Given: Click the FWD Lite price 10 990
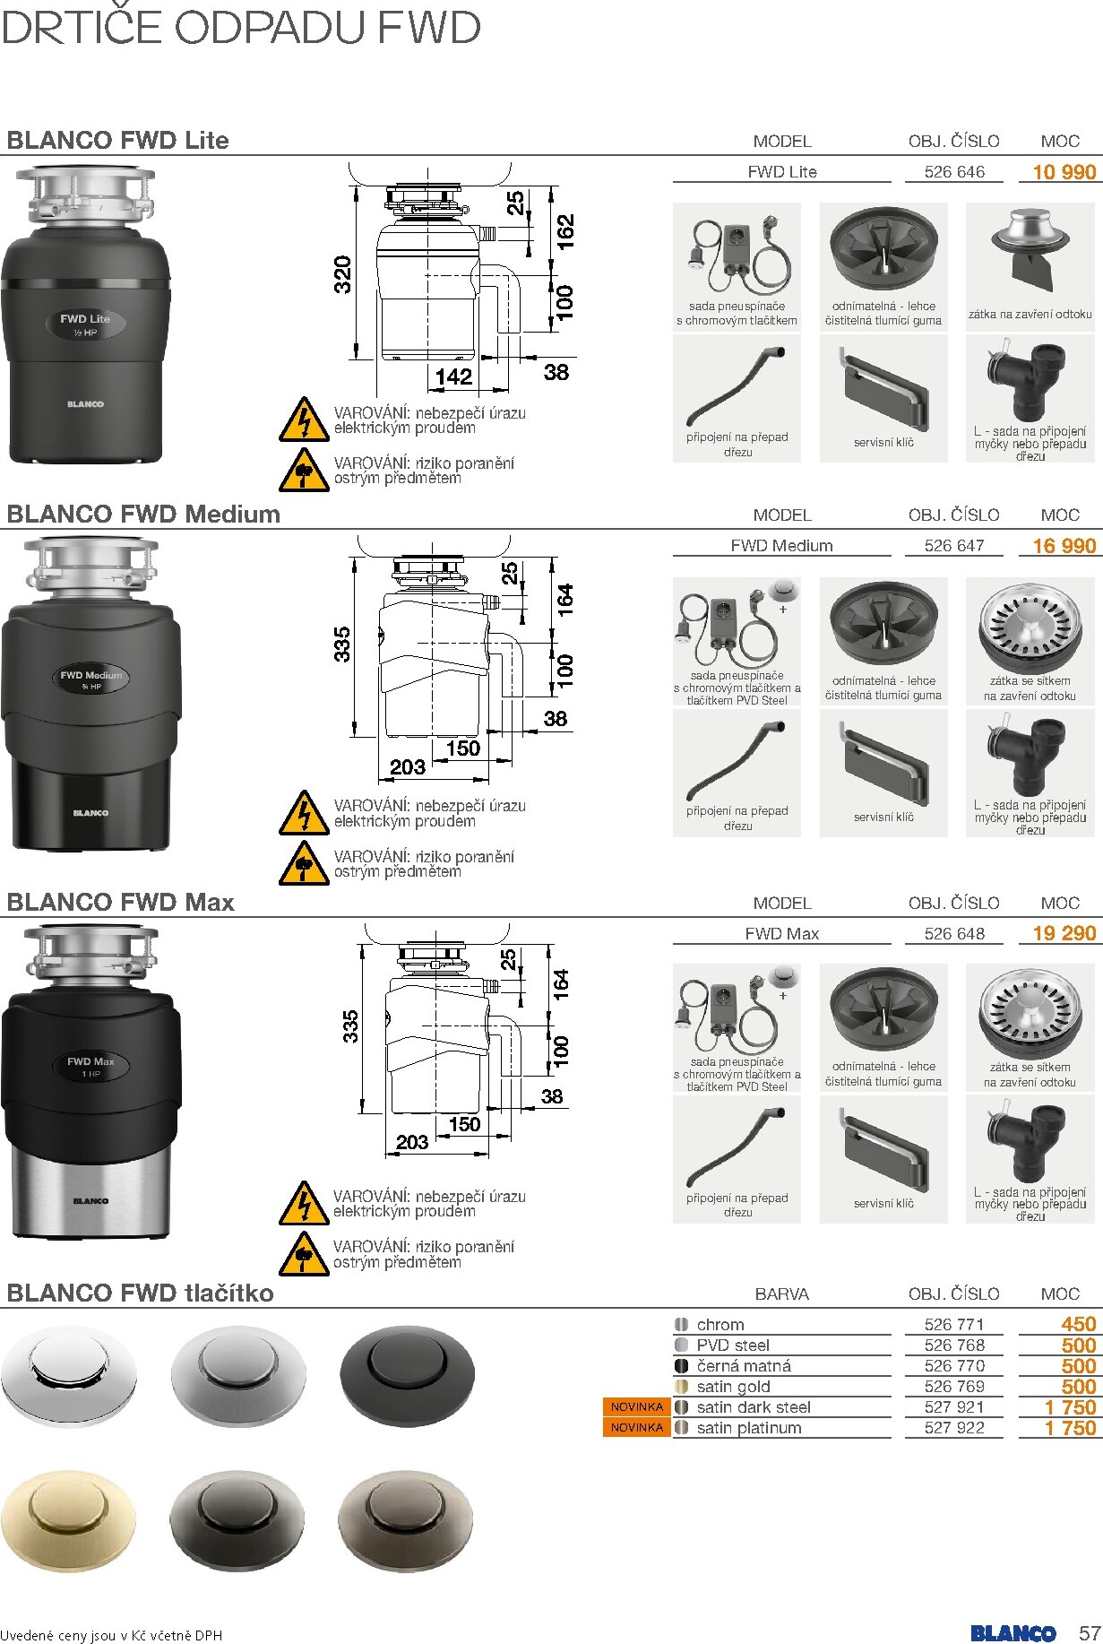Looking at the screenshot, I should coord(1064,172).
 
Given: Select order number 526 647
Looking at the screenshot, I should coord(953,545).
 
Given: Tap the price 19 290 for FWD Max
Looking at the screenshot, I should coord(1064,933).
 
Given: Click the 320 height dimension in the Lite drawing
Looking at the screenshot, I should coord(343,273).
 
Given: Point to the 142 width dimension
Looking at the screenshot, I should coord(453,376).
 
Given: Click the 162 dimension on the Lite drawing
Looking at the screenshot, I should coord(565,231).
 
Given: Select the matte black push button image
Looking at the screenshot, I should coord(407,1374).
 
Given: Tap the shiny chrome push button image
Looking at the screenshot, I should coord(68,1374).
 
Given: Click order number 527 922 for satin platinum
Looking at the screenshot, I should coord(953,1428).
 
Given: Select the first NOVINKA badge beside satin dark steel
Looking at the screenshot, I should coord(636,1407).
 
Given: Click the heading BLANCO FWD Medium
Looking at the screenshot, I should coord(143,515).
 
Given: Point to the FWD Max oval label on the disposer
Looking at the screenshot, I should coord(90,1066).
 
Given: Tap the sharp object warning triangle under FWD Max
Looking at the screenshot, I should coord(304,1253).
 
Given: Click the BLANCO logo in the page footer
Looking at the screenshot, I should coord(1013,1633).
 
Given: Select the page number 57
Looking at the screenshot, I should coord(1090,1632).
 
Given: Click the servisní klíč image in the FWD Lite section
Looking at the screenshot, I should coord(883,391).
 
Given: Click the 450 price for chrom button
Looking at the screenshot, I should coord(1078,1324).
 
